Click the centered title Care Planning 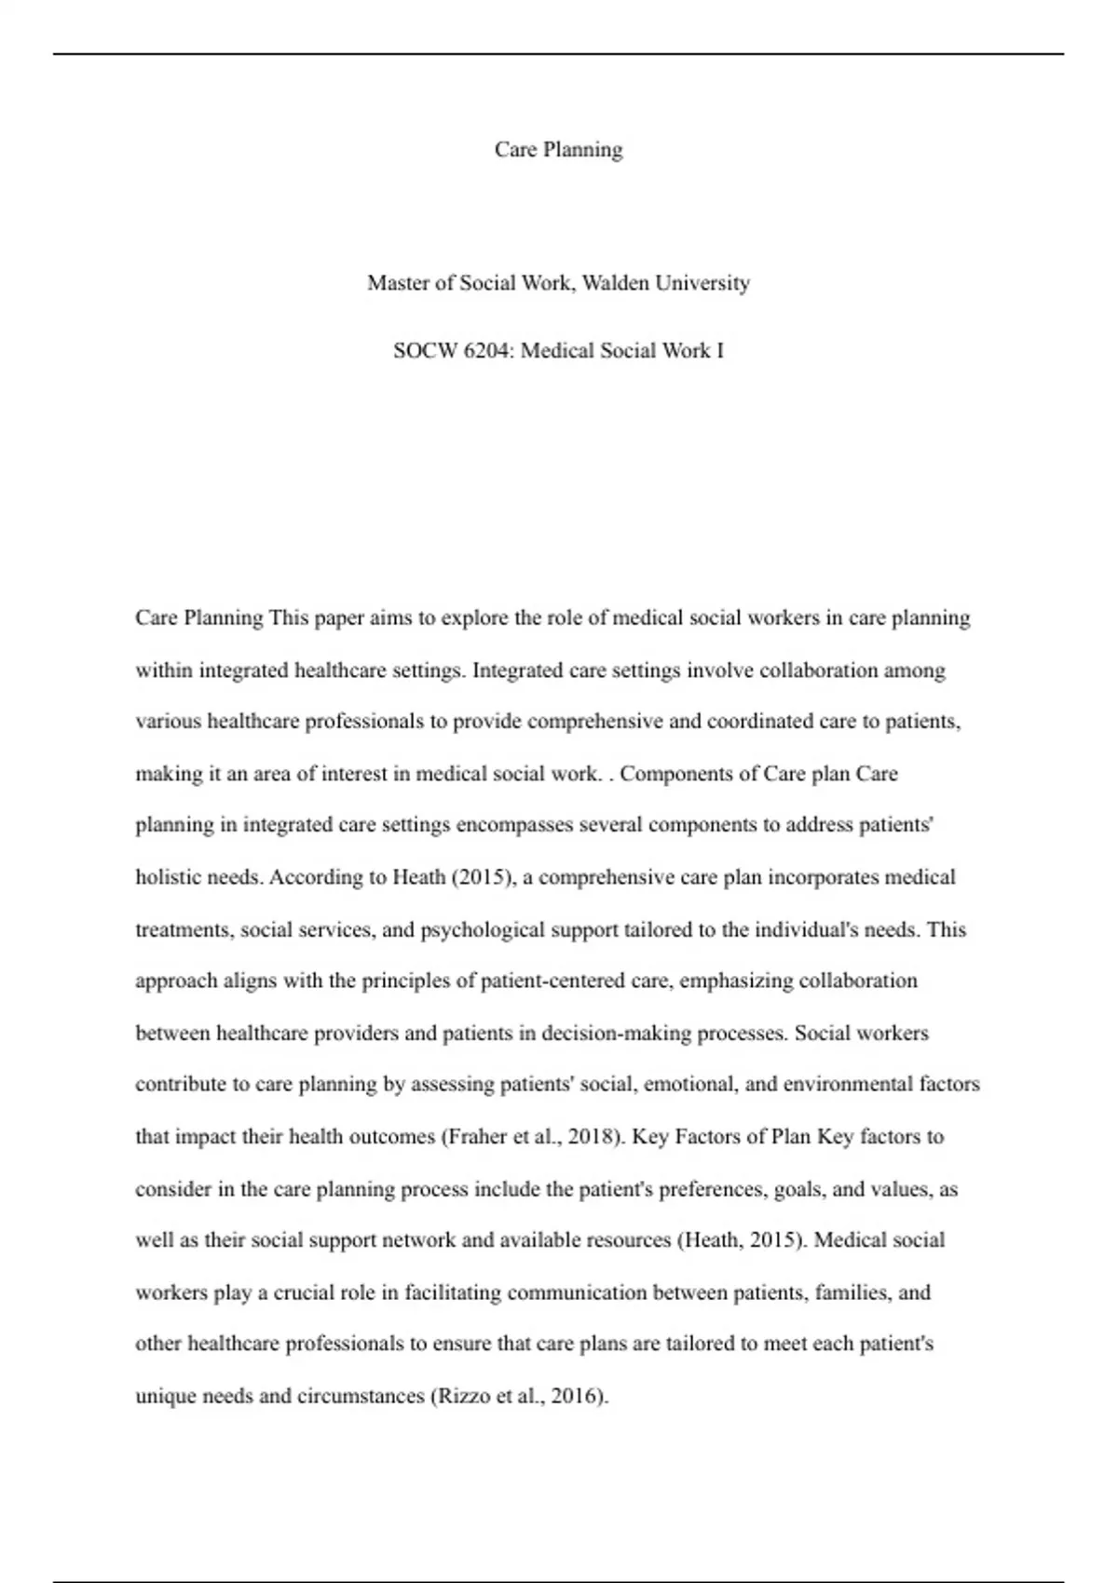pos(558,150)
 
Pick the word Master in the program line pos(398,283)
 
